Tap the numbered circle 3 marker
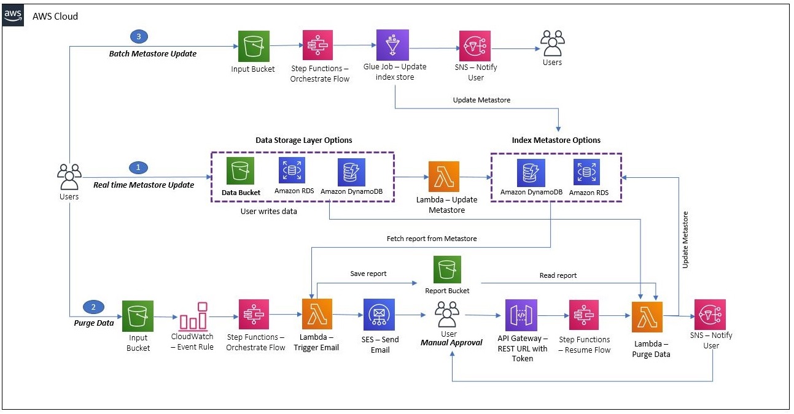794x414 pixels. click(138, 37)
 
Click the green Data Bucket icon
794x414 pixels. click(240, 172)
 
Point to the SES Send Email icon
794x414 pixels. click(379, 314)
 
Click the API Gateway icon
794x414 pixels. click(520, 315)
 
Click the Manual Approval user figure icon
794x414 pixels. click(448, 315)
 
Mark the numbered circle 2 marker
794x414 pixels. click(93, 307)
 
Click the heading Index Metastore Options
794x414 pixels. click(556, 140)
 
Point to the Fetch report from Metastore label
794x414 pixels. click(431, 238)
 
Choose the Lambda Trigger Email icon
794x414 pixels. click(317, 314)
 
